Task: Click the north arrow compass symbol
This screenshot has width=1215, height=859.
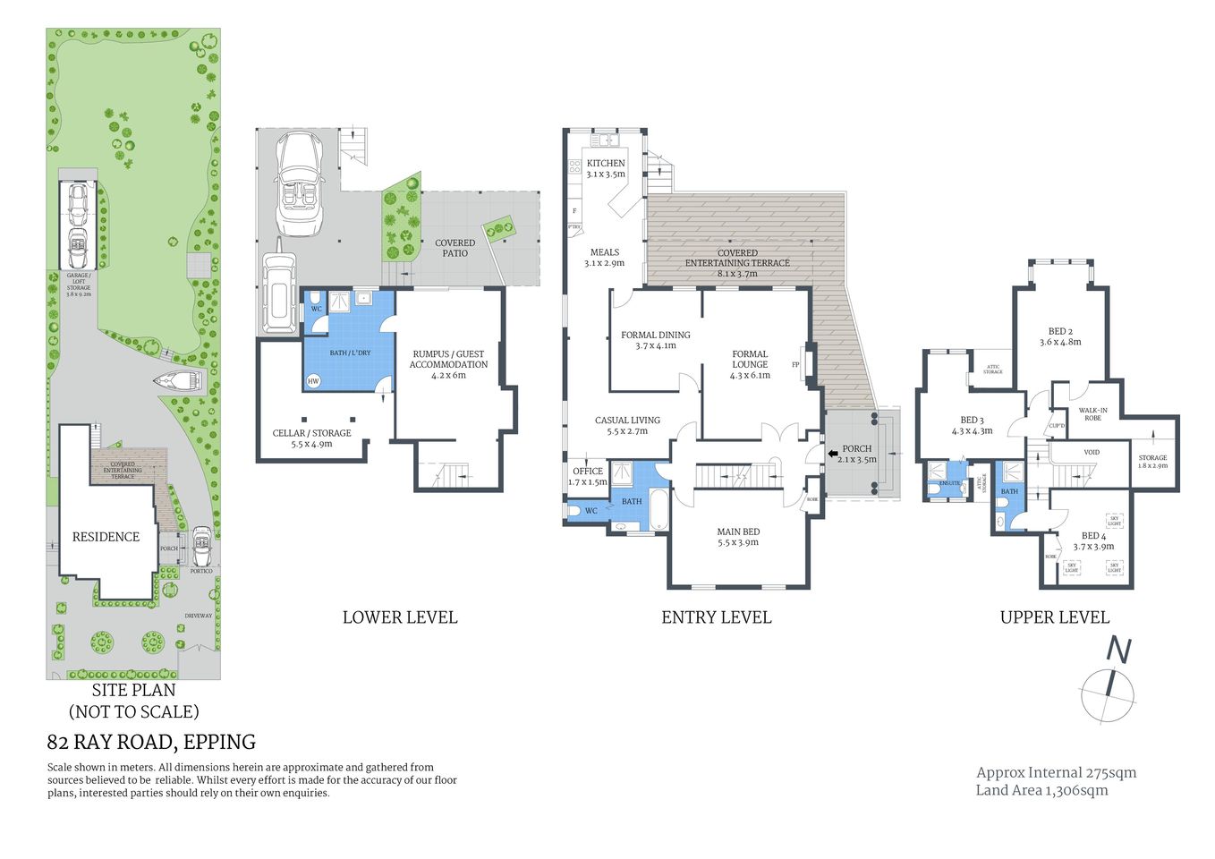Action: tap(1109, 685)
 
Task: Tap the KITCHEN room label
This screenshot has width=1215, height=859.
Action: tap(606, 163)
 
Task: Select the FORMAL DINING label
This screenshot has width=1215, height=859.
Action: tap(656, 335)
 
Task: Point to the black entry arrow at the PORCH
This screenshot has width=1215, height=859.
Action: tap(833, 453)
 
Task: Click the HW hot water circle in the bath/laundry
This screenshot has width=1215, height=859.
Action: tap(313, 381)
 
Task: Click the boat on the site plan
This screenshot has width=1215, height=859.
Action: tap(179, 381)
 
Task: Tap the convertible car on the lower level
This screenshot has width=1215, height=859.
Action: tap(298, 183)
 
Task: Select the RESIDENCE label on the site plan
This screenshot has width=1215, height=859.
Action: tap(106, 537)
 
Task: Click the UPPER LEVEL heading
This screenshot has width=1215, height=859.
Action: tap(1054, 617)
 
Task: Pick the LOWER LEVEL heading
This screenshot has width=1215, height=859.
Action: tap(400, 617)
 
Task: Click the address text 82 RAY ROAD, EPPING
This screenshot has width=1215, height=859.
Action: tap(151, 742)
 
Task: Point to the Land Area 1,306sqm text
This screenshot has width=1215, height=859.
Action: tap(1041, 790)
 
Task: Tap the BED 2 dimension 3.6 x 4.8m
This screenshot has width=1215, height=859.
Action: tap(1060, 342)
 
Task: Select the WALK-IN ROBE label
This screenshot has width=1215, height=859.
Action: tap(1092, 414)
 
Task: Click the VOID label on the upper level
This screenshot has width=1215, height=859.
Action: tap(1092, 453)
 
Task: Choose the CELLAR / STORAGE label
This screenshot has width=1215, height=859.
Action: tap(311, 433)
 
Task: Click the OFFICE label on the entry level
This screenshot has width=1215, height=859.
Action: tap(588, 471)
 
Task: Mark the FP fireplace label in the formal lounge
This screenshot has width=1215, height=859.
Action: tap(795, 365)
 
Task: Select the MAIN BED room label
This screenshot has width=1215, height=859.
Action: tap(738, 532)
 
